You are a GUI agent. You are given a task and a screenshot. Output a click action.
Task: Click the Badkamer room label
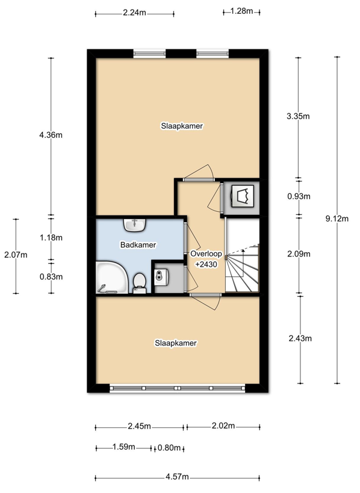(x=138, y=244)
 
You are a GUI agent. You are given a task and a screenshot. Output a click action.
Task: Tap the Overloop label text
(x=206, y=253)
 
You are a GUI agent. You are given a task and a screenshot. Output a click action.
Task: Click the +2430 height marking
(x=206, y=264)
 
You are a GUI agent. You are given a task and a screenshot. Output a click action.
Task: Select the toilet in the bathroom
(x=139, y=284)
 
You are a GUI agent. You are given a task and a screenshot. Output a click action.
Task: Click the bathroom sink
(x=135, y=225)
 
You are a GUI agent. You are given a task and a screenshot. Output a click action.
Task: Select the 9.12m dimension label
(x=337, y=219)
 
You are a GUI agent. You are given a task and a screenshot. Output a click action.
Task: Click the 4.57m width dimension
(x=178, y=477)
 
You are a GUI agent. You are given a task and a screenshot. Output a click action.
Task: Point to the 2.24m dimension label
(x=135, y=13)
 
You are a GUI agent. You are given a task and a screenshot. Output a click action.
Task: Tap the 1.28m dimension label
(x=241, y=11)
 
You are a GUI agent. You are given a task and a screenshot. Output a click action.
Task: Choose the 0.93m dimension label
(x=299, y=196)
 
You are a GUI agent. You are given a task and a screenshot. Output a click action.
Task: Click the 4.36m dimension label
(x=51, y=135)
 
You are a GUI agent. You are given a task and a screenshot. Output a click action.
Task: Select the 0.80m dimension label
(x=169, y=447)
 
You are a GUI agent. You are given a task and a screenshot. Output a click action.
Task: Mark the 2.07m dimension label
(x=16, y=255)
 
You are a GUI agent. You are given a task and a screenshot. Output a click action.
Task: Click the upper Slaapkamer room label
(x=182, y=126)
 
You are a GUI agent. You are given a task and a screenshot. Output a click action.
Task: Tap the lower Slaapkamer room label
(x=175, y=343)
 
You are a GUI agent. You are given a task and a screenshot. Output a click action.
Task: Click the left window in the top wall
(x=149, y=54)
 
